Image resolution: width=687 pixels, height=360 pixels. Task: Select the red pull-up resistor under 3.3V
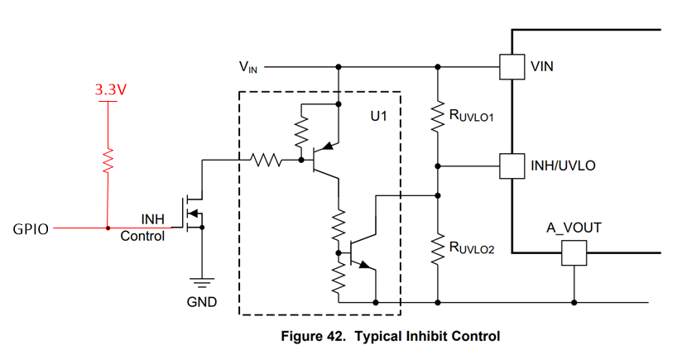coord(108,162)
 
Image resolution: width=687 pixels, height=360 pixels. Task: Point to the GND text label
coord(201,302)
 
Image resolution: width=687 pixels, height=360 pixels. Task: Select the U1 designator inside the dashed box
coord(378,118)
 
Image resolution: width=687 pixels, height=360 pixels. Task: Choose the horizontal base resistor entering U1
coord(265,161)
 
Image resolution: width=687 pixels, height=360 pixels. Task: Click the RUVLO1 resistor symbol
coord(437,118)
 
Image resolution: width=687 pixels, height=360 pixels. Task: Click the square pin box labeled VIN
coord(512,66)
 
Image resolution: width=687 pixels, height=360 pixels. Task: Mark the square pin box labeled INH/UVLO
coord(512,166)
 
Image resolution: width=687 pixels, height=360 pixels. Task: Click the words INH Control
coord(142,228)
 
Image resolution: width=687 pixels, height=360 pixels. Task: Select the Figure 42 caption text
coord(391,336)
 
